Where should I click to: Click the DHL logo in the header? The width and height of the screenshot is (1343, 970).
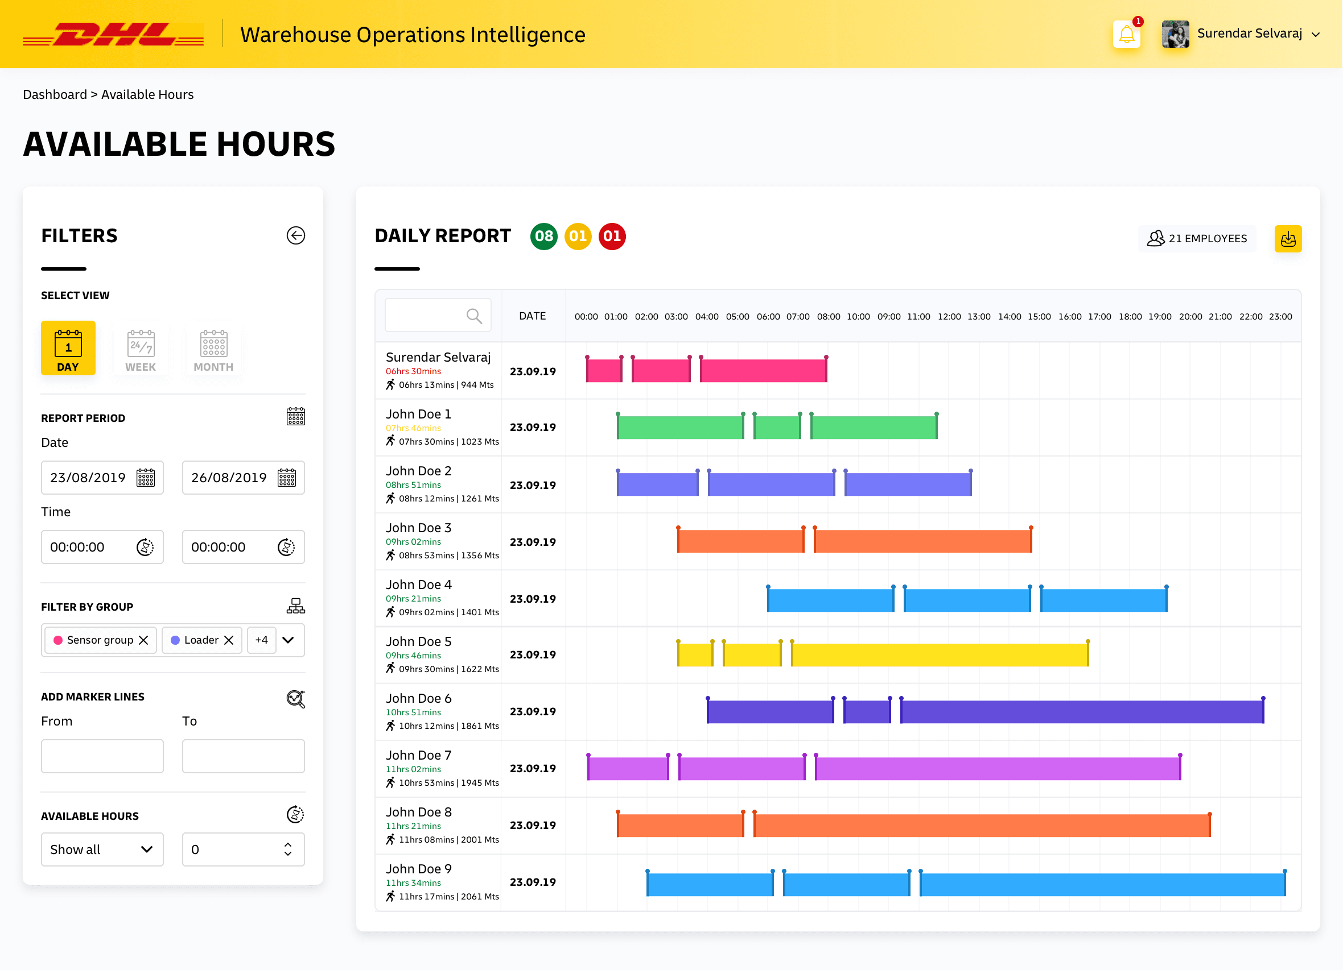(113, 34)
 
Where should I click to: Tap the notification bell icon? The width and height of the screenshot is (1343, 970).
(1126, 34)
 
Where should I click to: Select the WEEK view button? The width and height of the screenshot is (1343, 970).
(141, 349)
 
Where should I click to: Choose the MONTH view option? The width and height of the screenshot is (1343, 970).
(213, 349)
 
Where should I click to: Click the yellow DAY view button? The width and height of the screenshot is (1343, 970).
(68, 348)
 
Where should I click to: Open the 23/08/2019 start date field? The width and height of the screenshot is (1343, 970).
(102, 478)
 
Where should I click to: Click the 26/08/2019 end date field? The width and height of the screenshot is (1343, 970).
(244, 478)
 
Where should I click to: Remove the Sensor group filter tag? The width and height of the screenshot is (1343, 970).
(143, 640)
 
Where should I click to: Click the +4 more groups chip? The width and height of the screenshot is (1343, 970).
(262, 640)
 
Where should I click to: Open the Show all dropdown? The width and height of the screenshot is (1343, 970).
(102, 850)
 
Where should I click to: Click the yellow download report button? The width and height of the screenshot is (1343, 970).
(1288, 239)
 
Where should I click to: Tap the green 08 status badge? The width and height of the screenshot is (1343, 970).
(543, 237)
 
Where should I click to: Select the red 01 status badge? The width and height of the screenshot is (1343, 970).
(612, 237)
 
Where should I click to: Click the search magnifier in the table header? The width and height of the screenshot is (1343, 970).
(473, 316)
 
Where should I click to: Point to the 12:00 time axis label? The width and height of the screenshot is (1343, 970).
(949, 317)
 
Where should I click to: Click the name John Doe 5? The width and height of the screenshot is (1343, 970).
(419, 641)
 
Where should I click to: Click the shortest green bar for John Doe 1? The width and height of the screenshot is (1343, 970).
(777, 428)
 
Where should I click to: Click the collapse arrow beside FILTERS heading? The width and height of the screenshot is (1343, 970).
(295, 235)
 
